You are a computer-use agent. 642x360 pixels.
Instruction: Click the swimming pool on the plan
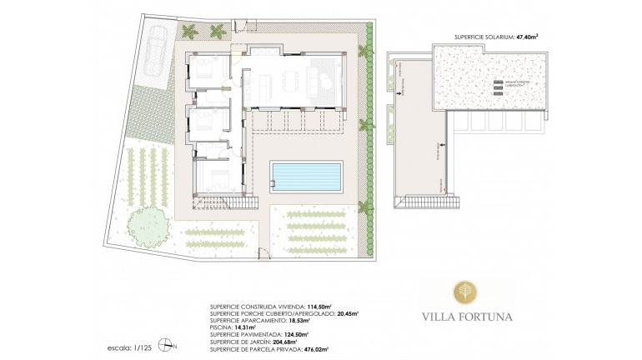coord(306,177)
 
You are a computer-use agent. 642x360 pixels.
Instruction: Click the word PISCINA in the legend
coord(223,327)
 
